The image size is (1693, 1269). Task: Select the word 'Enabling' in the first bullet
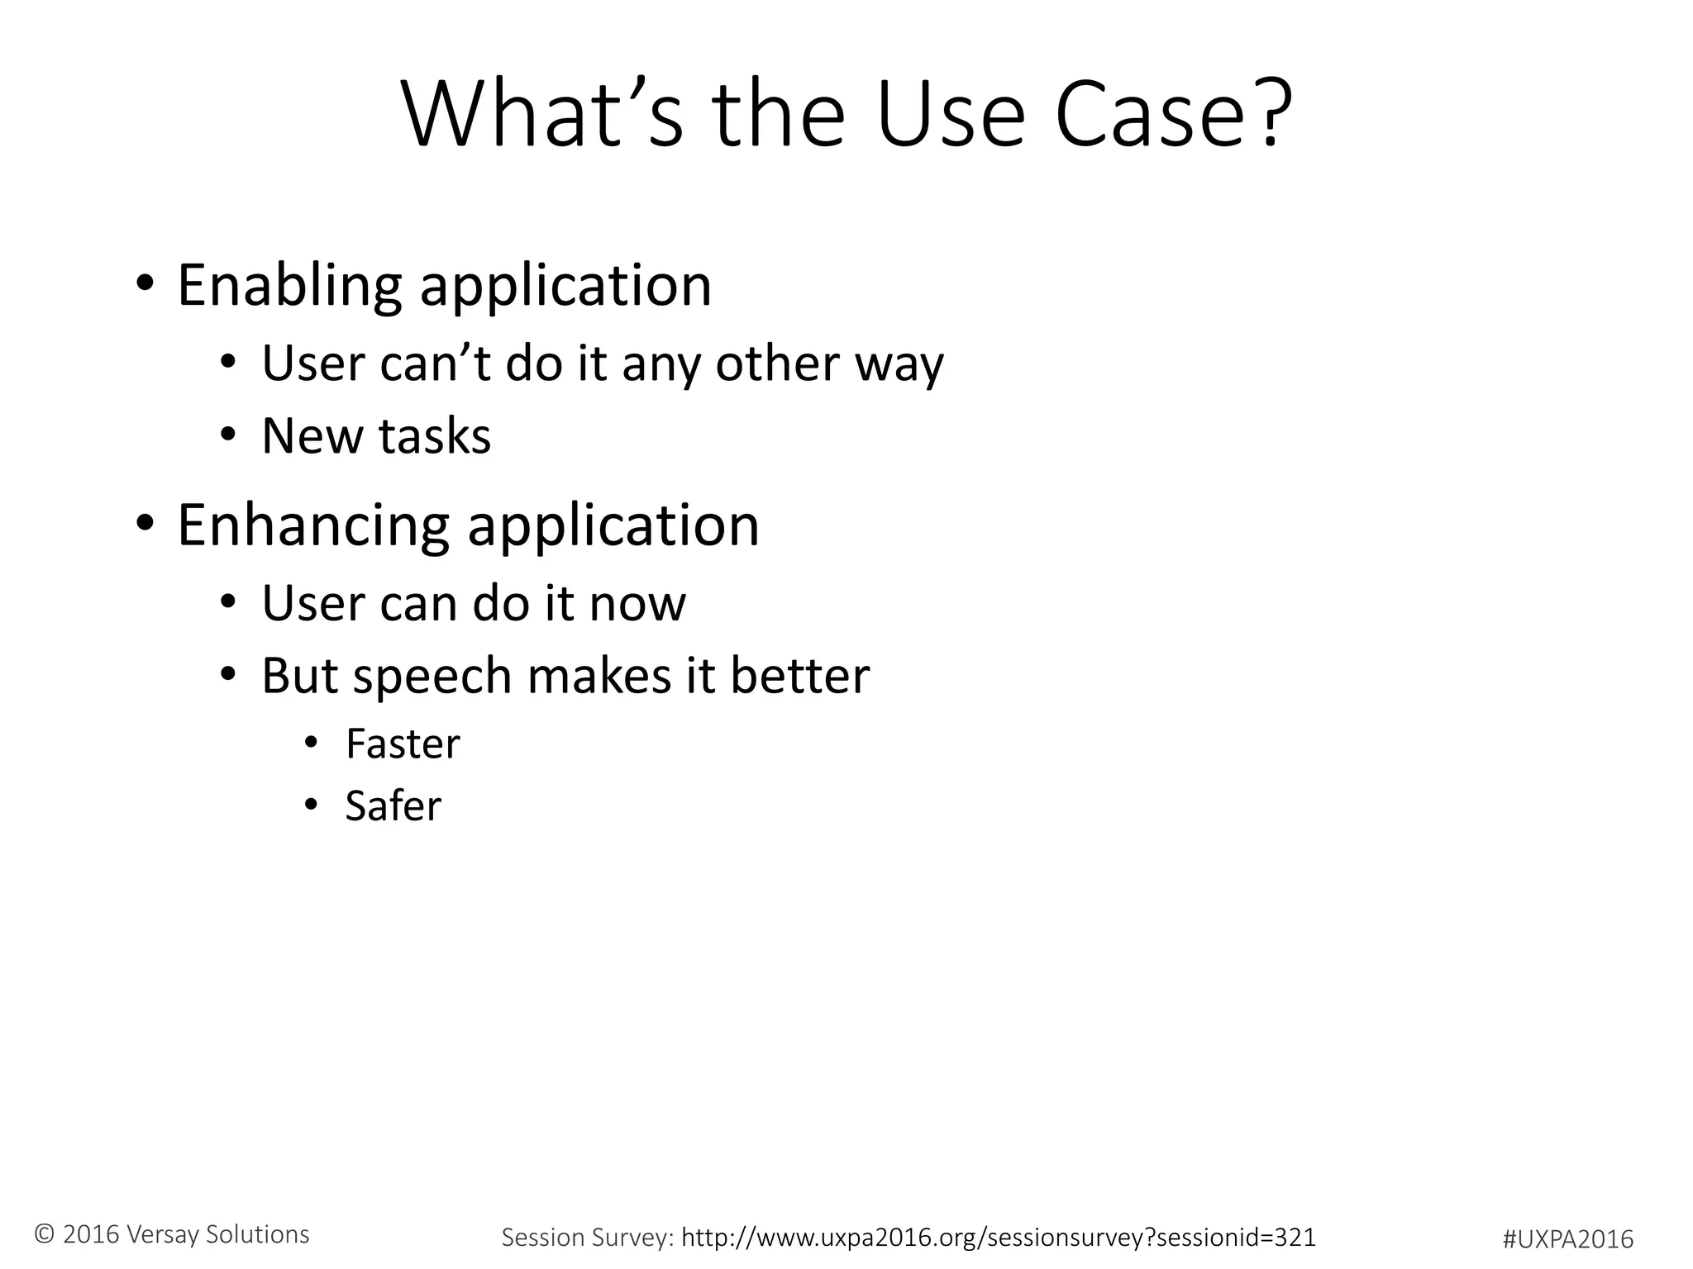point(289,286)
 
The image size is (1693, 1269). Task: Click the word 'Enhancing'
point(313,525)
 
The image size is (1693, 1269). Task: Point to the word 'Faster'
point(403,744)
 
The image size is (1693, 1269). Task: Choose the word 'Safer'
point(393,806)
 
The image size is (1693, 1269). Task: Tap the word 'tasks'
point(434,436)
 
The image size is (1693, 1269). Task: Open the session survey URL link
point(999,1237)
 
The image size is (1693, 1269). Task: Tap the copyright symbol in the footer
point(45,1234)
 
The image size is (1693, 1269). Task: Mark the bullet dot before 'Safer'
point(311,806)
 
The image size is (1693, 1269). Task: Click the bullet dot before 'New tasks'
point(228,436)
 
